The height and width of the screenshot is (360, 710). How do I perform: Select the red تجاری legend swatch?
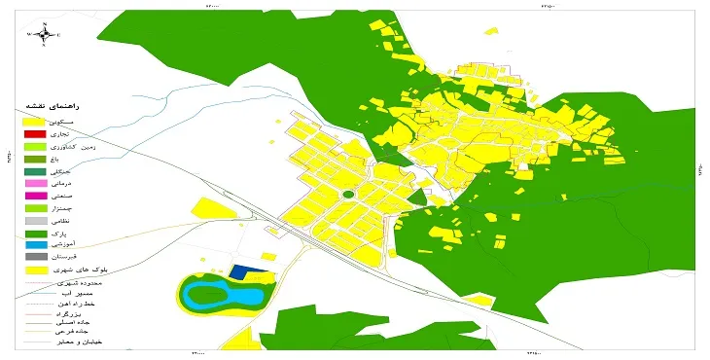[x=35, y=133]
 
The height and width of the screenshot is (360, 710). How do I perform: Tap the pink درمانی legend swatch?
[x=35, y=183]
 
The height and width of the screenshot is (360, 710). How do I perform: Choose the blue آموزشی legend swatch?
[x=35, y=245]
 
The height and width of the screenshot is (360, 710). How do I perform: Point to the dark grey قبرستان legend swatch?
[x=35, y=257]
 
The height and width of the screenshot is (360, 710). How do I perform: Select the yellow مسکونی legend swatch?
[x=35, y=121]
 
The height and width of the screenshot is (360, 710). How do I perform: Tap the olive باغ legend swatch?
[x=35, y=158]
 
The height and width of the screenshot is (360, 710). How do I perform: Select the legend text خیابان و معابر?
[x=79, y=342]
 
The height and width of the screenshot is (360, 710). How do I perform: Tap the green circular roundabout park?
[x=348, y=196]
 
